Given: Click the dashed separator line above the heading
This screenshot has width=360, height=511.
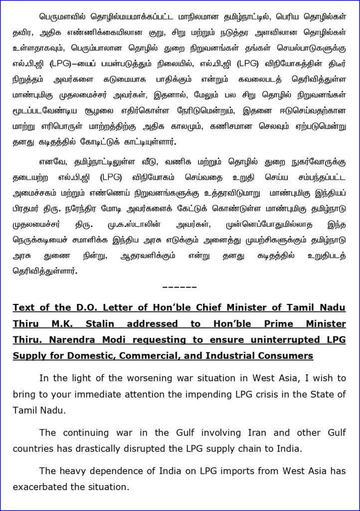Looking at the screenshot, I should click(180, 288).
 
